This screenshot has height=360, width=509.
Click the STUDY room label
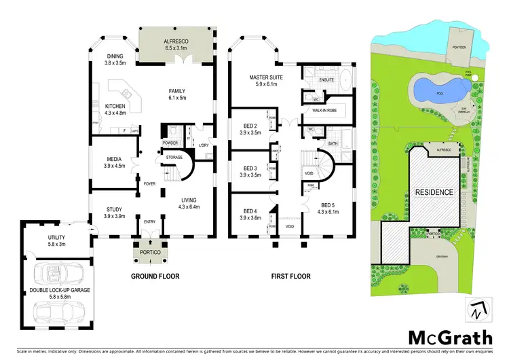pyautogui.click(x=115, y=210)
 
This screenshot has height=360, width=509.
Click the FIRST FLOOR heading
pyautogui.click(x=290, y=276)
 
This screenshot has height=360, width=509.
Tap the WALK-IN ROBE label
pyautogui.click(x=324, y=110)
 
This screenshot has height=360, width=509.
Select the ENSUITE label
pyautogui.click(x=328, y=80)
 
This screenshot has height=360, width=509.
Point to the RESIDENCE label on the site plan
pyautogui.click(x=434, y=192)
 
